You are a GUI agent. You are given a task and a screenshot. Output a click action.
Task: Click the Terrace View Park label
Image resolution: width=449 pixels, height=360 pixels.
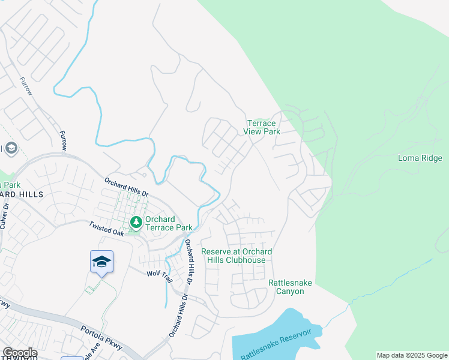pyautogui.click(x=263, y=127)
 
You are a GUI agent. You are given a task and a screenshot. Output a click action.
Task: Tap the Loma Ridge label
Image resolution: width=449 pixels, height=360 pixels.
pyautogui.click(x=420, y=158)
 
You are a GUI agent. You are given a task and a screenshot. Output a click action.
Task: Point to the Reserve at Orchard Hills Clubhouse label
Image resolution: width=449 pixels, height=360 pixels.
pyautogui.click(x=237, y=256)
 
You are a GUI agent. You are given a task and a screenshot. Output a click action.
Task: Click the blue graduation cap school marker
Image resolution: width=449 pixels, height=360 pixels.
pyautogui.click(x=101, y=262)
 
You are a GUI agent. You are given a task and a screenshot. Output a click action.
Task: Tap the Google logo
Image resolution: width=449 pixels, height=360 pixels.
pyautogui.click(x=19, y=353)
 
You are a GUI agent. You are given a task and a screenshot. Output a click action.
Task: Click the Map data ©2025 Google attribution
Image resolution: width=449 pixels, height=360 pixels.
pyautogui.click(x=412, y=355)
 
